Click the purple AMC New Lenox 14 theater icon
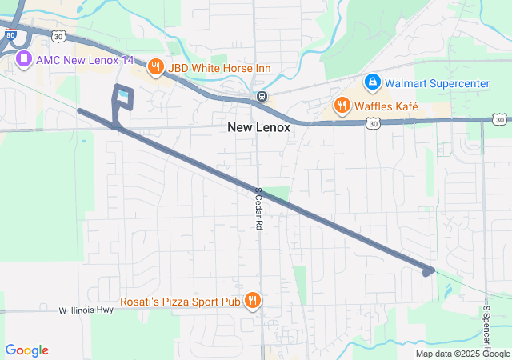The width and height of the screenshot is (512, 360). pos(23,59)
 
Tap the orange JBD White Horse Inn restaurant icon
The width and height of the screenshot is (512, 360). pos(156,68)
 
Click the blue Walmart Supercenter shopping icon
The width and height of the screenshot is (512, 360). pos(372,82)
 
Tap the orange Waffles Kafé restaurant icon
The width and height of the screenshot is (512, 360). pos(342,106)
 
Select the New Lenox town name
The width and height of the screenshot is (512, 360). pos(258,127)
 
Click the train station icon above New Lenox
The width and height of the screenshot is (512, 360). pos(261,97)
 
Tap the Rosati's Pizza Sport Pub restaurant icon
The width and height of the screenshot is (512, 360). pos(253,301)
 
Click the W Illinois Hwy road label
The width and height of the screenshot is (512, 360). pos(88,310)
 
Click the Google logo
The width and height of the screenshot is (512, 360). pos(26,350)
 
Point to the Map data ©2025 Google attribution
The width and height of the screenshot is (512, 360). pos(462,354)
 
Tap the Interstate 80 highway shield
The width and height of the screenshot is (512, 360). pos(9,36)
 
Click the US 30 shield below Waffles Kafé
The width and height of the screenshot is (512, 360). pos(373,123)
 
